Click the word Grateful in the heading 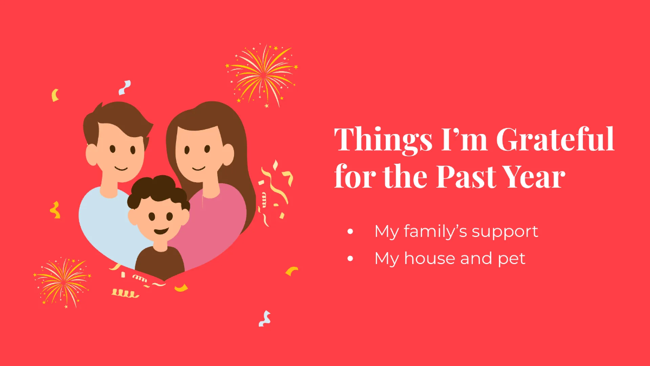(x=555, y=139)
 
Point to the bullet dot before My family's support (x=350, y=232)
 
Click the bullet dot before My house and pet (x=350, y=259)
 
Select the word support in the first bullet (x=505, y=233)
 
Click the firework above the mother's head (x=262, y=75)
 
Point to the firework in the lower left (x=62, y=282)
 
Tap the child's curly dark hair (x=158, y=191)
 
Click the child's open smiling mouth (x=161, y=231)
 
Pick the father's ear (x=92, y=155)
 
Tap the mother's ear (x=228, y=155)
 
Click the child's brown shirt (x=160, y=262)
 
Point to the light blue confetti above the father (x=125, y=88)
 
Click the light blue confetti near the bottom (x=265, y=319)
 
